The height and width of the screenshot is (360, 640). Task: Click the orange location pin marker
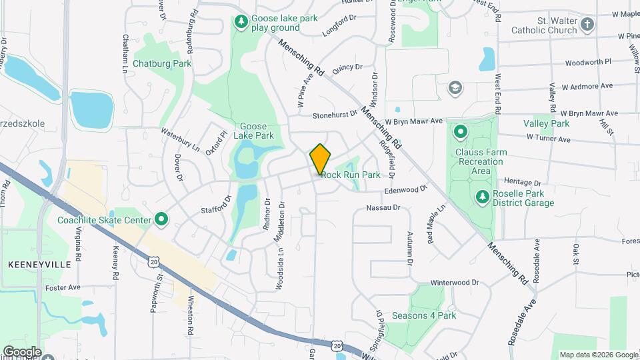[x=321, y=159]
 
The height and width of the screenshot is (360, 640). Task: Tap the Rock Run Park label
[x=351, y=175]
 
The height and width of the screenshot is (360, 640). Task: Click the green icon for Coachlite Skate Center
[x=161, y=219]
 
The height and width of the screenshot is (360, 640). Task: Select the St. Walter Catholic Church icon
[x=587, y=25]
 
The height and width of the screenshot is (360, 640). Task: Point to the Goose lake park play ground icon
[x=240, y=23]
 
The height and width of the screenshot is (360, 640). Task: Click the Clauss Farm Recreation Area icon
[x=460, y=131]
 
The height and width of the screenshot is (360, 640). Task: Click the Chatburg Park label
[x=162, y=64]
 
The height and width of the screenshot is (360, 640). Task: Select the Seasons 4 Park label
[x=424, y=315]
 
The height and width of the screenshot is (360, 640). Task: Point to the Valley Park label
[x=546, y=123]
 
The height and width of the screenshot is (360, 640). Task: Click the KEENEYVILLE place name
[x=39, y=265]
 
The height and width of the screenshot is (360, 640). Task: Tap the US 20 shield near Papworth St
[x=154, y=263]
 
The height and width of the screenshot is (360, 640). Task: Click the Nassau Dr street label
[x=383, y=208]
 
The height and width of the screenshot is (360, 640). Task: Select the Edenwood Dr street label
[x=405, y=190]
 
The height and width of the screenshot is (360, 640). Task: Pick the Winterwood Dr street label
[x=455, y=283]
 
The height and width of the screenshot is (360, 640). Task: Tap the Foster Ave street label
[x=63, y=288]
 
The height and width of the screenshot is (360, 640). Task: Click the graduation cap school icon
[x=455, y=88]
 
